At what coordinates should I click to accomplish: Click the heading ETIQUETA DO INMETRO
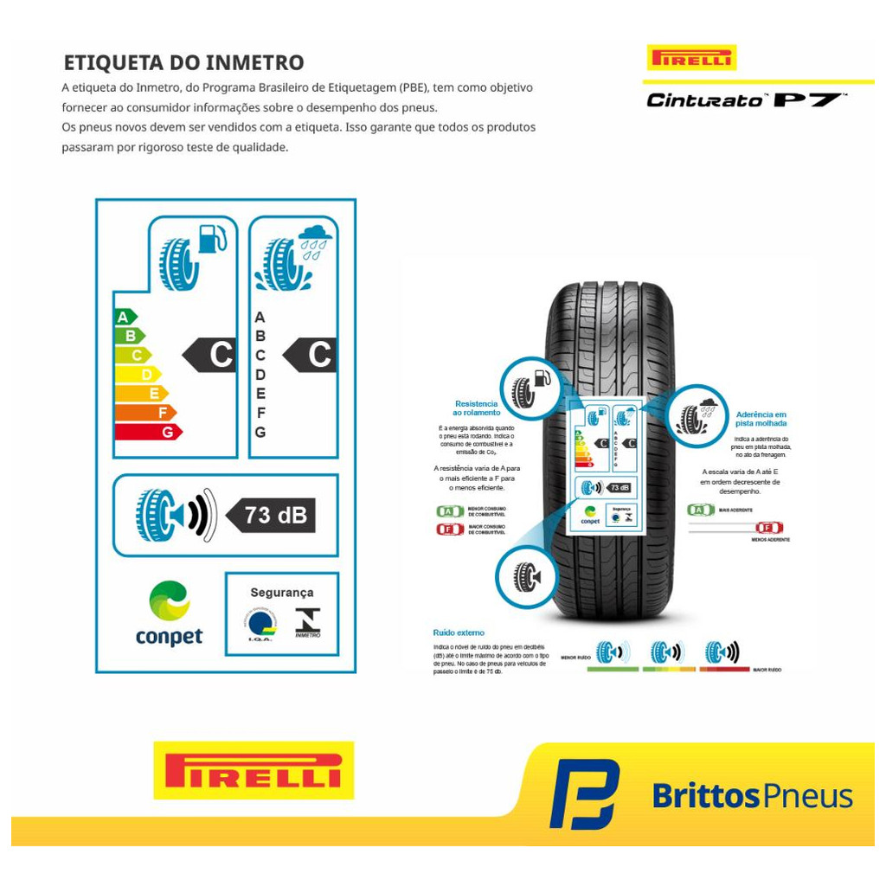pyautogui.click(x=183, y=63)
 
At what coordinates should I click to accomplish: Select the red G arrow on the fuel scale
pyautogui.click(x=147, y=432)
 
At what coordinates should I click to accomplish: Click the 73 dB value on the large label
pyautogui.click(x=275, y=515)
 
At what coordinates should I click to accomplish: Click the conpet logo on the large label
pyautogui.click(x=169, y=613)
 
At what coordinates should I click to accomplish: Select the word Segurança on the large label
pyautogui.click(x=281, y=593)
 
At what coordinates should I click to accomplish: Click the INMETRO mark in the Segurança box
pyautogui.click(x=307, y=622)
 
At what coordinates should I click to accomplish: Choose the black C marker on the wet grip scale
pyautogui.click(x=311, y=355)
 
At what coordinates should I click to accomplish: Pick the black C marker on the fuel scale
pyautogui.click(x=212, y=355)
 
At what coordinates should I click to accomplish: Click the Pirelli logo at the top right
pyautogui.click(x=691, y=58)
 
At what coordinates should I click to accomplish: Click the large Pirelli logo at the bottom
pyautogui.click(x=254, y=770)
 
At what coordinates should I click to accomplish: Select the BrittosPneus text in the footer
pyautogui.click(x=752, y=795)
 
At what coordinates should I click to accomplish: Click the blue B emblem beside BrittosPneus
pyautogui.click(x=584, y=793)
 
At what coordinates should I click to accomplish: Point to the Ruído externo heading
pyautogui.click(x=459, y=633)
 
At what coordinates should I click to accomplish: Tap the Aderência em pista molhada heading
pyautogui.click(x=761, y=419)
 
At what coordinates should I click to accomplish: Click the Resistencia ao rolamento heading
pyautogui.click(x=476, y=408)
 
